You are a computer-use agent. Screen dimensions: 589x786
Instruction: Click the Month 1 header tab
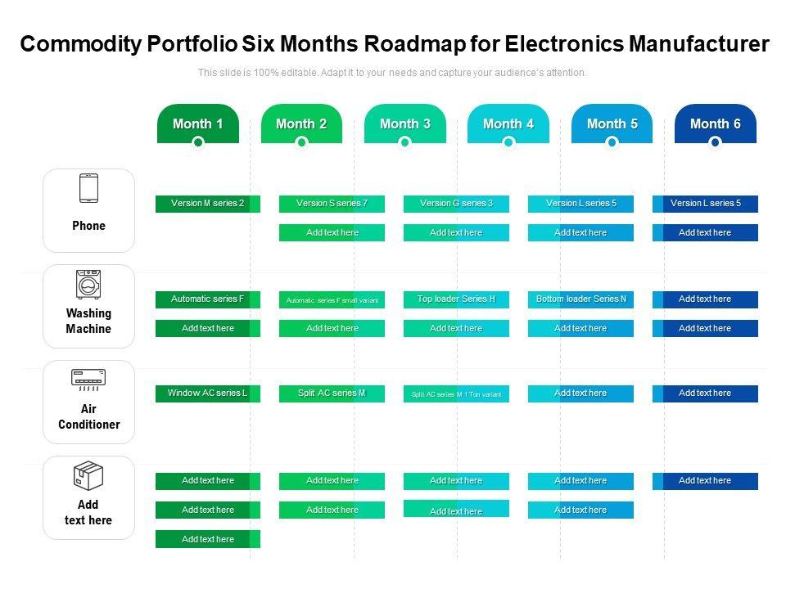(x=197, y=123)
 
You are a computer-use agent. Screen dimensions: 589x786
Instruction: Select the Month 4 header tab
(x=508, y=123)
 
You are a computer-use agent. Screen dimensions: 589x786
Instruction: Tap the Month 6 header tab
(x=715, y=123)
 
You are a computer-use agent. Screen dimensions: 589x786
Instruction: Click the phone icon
(x=88, y=188)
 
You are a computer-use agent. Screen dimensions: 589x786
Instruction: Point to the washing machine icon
(x=88, y=284)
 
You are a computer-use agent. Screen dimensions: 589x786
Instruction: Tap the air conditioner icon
(x=88, y=378)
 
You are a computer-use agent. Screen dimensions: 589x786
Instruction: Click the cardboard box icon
(x=88, y=474)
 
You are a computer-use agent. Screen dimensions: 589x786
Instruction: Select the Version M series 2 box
(x=207, y=204)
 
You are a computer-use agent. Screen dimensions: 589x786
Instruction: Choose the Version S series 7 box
(x=332, y=204)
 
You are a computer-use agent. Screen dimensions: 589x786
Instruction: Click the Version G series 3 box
(x=456, y=204)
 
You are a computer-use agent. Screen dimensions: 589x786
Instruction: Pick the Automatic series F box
(x=207, y=299)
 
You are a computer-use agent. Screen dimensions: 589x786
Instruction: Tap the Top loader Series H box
(x=456, y=299)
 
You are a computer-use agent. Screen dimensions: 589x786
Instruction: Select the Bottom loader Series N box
(x=580, y=299)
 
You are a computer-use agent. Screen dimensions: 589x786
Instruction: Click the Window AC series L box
(x=207, y=393)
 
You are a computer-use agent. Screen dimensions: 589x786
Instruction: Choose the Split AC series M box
(x=332, y=393)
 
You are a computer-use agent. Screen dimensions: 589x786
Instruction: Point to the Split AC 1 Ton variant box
(x=456, y=394)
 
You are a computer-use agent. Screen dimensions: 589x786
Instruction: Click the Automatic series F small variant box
(x=332, y=300)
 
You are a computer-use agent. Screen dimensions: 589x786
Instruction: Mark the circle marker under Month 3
(x=404, y=142)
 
